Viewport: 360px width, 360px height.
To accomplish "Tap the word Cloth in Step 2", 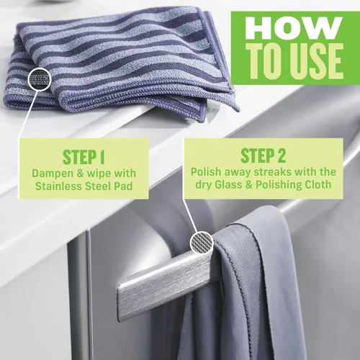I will click(319, 186).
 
